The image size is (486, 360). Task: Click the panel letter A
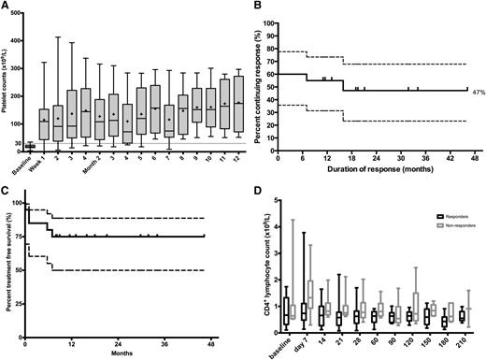click(6, 7)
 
